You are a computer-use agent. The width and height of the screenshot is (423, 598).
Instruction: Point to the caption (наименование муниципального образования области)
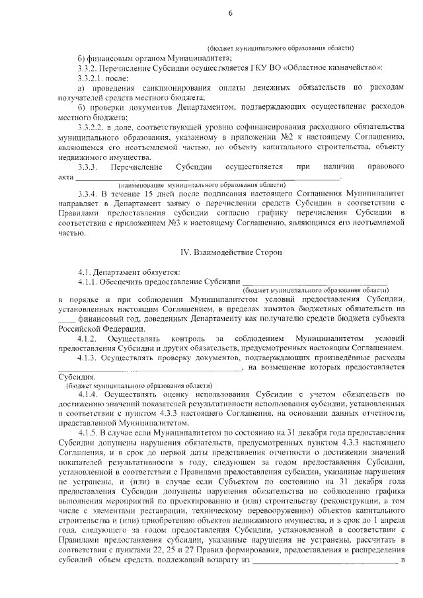202,185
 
